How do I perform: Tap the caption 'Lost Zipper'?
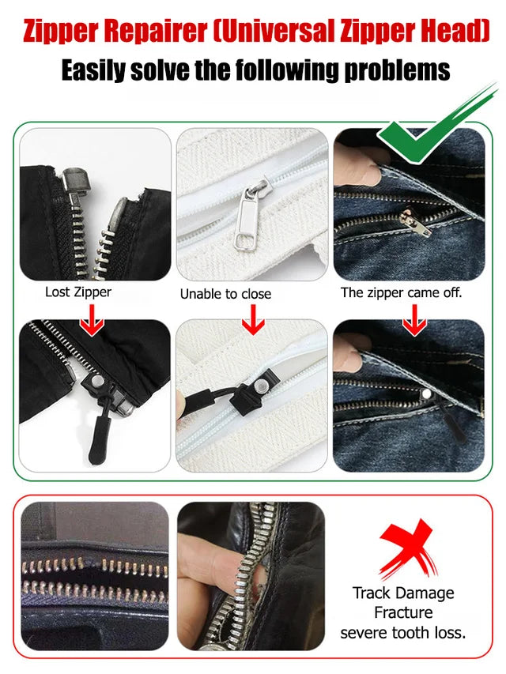(78, 292)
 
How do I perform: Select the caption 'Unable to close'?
(225, 294)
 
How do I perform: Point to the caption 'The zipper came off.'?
(401, 292)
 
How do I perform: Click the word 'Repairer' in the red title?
(160, 31)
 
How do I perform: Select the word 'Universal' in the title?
(290, 31)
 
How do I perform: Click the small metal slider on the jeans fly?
(410, 217)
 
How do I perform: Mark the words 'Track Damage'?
(404, 593)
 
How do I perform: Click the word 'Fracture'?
(403, 612)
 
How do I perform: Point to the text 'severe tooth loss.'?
(403, 633)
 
